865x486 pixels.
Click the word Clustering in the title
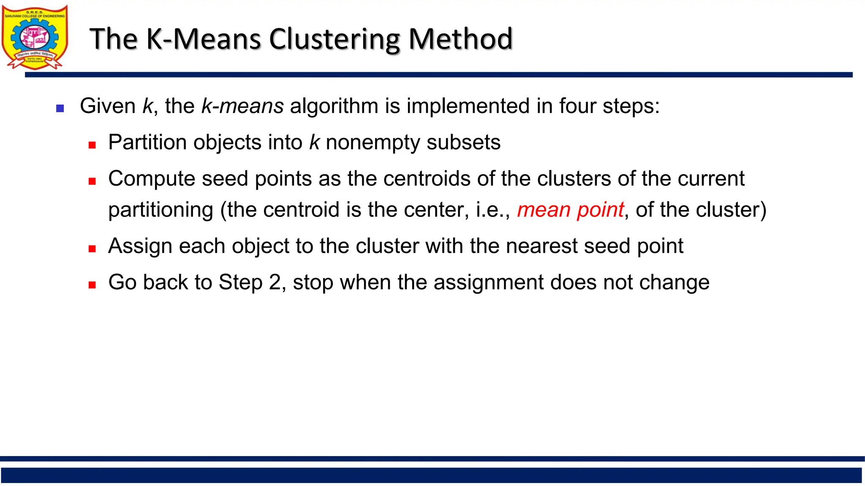click(335, 39)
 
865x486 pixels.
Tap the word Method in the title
click(460, 39)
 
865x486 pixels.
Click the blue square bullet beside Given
click(60, 108)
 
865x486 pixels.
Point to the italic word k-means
click(242, 106)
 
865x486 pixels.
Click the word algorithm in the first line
click(334, 106)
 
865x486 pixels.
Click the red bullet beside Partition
click(92, 145)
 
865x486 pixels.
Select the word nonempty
click(373, 143)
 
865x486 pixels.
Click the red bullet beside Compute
click(92, 181)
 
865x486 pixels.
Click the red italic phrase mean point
click(570, 210)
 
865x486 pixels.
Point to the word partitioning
click(160, 210)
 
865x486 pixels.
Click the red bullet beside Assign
click(92, 249)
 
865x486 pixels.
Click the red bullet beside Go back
click(92, 285)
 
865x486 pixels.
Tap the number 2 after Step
click(275, 282)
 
